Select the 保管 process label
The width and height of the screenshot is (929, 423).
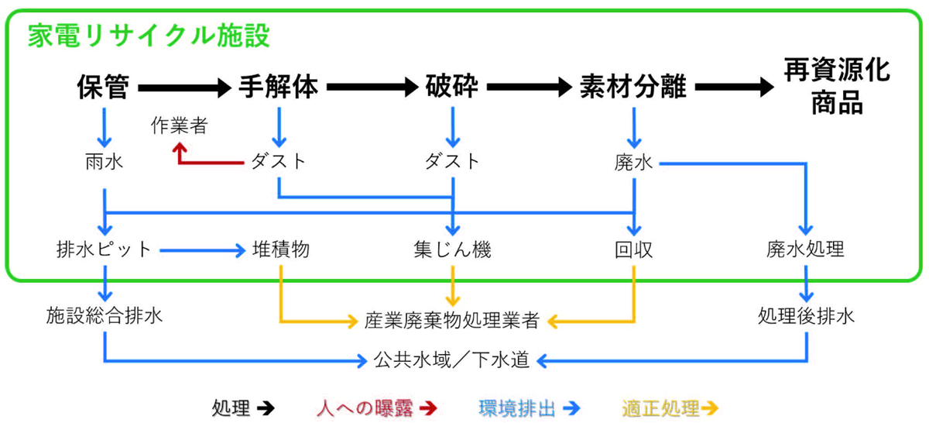[103, 87]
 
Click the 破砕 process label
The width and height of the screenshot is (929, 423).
[452, 87]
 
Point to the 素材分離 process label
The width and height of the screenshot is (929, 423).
[633, 87]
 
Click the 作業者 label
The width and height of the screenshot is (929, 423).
[180, 126]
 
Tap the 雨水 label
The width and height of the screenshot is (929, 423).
[104, 163]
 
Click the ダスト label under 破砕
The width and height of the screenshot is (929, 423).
[453, 163]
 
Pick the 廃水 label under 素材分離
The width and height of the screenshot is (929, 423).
[634, 163]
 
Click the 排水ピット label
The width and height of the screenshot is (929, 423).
[104, 250]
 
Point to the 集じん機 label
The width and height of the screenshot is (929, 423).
[453, 250]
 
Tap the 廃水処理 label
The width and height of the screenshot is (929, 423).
[805, 250]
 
